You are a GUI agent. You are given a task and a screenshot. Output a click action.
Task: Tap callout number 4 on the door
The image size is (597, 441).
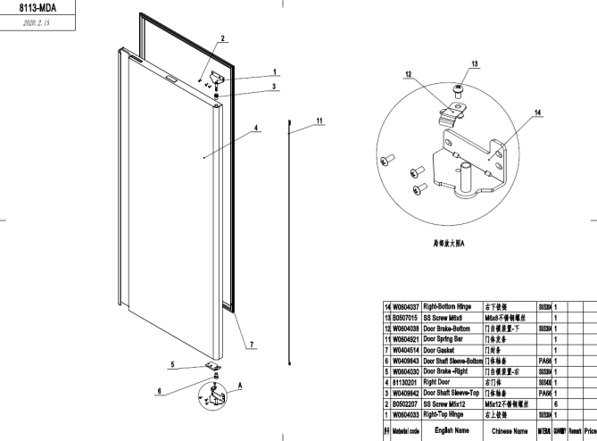[257, 128]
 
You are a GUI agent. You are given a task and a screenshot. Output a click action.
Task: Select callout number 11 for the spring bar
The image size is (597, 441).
[319, 119]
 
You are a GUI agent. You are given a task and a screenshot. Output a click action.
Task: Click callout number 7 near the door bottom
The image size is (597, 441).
[252, 344]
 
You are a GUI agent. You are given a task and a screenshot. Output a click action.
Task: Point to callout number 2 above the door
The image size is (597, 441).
[223, 38]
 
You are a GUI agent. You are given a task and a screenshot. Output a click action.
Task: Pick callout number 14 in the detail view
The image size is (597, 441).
[537, 112]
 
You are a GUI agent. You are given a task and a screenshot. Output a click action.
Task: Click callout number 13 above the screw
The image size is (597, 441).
[475, 63]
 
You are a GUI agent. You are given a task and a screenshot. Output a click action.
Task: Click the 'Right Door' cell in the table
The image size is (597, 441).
[439, 380]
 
